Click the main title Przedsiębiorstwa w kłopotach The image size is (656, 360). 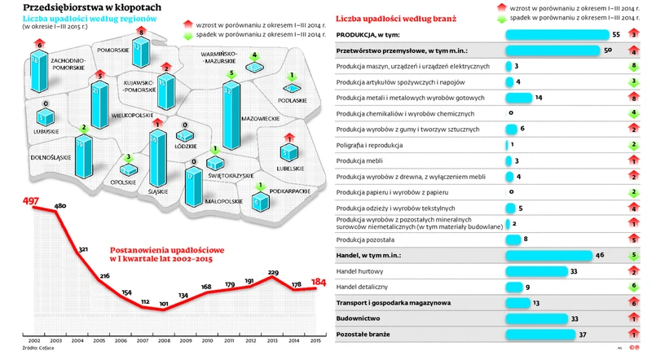(x=86, y=7)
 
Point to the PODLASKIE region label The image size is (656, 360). (x=292, y=100)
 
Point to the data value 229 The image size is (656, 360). (x=274, y=273)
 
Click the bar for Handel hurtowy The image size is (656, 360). (x=538, y=270)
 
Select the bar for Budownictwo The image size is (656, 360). (x=538, y=318)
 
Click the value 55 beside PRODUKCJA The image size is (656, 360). (x=616, y=35)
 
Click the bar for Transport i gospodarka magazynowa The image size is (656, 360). (x=517, y=302)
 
